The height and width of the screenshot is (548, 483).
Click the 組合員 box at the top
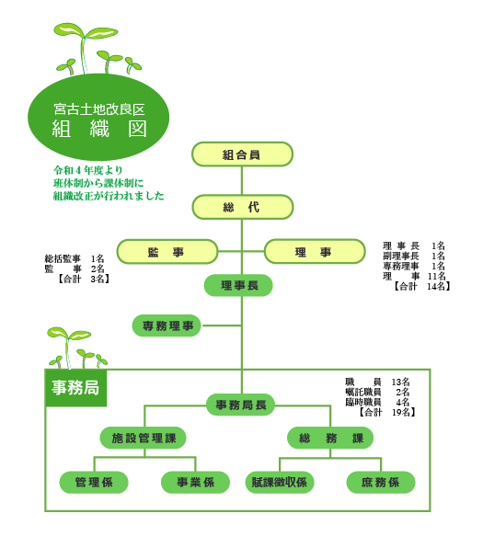[x=242, y=154]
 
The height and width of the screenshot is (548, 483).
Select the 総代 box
[x=242, y=207]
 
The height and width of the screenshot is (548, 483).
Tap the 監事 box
[x=167, y=252]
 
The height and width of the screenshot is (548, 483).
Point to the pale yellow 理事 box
[x=315, y=251]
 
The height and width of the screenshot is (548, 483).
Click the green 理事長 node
[x=238, y=286]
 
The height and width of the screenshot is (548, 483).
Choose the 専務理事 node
[x=167, y=325]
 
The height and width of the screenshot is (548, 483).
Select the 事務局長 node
[x=241, y=405]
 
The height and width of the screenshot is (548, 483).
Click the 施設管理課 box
[x=143, y=438]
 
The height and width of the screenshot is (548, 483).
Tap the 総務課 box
[x=330, y=438]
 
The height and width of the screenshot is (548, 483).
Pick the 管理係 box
[x=94, y=483]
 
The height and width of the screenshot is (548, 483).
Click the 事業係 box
[x=195, y=483]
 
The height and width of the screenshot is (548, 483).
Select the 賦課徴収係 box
[x=280, y=483]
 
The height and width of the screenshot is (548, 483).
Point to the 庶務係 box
[x=381, y=483]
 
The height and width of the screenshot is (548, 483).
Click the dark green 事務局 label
[x=75, y=388]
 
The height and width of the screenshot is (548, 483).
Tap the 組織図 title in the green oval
[x=99, y=129]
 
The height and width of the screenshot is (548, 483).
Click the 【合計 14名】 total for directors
[x=421, y=287]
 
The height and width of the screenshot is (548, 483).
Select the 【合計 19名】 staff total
[x=386, y=413]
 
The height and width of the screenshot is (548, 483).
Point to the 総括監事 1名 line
[x=75, y=258]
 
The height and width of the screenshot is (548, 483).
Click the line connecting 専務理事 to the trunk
[x=222, y=325]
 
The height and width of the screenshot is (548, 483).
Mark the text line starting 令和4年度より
[x=87, y=170]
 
